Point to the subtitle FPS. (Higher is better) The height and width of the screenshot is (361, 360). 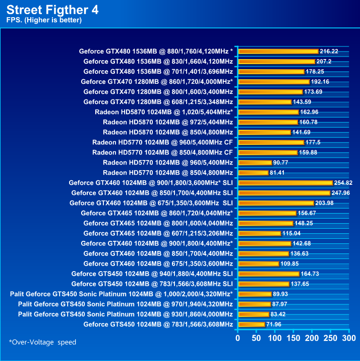tap(44, 20)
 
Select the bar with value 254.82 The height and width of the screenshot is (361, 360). tap(285, 183)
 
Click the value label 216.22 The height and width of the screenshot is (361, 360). tap(330, 51)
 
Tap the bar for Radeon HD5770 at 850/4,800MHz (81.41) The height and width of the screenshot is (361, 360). tap(253, 173)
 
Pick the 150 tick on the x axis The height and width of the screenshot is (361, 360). tap(293, 337)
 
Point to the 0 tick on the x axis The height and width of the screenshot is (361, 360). tap(238, 337)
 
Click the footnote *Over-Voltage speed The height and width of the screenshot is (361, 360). tap(42, 342)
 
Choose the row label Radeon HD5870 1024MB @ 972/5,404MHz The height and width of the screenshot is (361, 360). tap(168, 122)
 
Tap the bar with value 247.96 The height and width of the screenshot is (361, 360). tap(284, 193)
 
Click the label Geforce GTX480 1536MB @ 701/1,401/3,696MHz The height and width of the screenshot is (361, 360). tap(158, 72)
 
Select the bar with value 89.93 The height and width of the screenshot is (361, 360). tap(255, 294)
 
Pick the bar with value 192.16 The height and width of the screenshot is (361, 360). tap(274, 82)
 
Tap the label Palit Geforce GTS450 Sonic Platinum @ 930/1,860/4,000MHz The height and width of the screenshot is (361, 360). tap(125, 314)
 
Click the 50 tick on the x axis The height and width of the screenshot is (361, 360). tap(257, 337)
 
